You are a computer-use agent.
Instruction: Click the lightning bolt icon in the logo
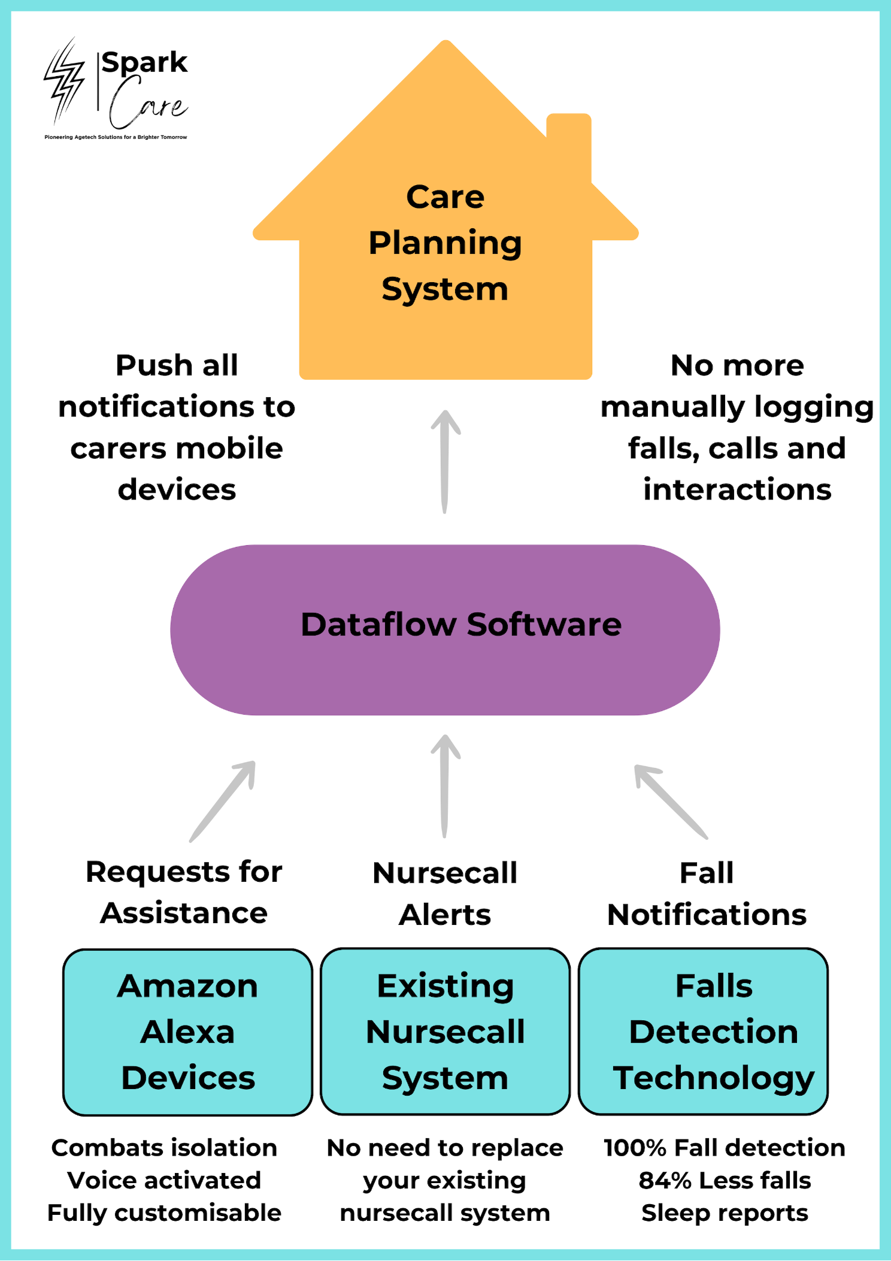(64, 81)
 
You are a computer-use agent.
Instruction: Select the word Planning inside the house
(445, 244)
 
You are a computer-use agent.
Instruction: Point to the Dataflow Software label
(460, 625)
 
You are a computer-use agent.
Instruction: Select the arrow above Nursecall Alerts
(445, 785)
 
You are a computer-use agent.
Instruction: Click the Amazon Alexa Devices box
(188, 1032)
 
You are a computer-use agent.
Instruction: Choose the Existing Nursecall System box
(445, 1032)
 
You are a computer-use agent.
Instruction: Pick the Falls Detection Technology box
(704, 1032)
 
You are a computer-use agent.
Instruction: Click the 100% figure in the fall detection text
(635, 1148)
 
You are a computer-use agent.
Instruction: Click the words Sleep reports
(725, 1213)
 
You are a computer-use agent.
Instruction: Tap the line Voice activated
(164, 1181)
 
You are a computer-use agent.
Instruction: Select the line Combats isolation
(164, 1148)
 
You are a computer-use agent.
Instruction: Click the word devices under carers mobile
(177, 490)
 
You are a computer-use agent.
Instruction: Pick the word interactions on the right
(737, 490)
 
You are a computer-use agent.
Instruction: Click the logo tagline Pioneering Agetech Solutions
(116, 137)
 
